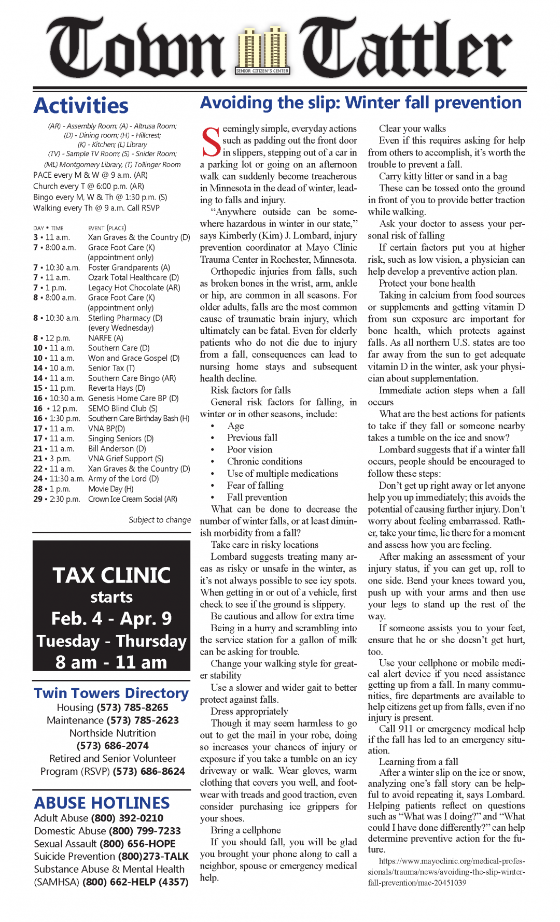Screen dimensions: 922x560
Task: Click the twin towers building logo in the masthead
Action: click(x=262, y=51)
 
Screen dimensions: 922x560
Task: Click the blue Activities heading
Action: click(x=81, y=106)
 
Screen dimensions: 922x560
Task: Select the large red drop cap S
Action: click(x=211, y=141)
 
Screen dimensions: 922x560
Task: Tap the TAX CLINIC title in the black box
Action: click(x=111, y=575)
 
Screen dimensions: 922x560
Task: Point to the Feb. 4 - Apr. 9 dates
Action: click(x=111, y=619)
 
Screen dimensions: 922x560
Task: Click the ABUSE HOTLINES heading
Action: click(x=102, y=803)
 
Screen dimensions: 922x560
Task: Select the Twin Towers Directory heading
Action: click(x=111, y=693)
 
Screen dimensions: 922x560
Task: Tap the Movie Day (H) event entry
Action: click(x=110, y=489)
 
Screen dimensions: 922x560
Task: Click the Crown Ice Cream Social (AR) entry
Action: click(x=132, y=499)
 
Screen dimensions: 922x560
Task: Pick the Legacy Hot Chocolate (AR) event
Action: click(x=134, y=288)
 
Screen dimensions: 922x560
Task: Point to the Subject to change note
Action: click(x=160, y=520)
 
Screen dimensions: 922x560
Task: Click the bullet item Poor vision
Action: click(x=249, y=450)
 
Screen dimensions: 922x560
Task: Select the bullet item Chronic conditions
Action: click(x=264, y=462)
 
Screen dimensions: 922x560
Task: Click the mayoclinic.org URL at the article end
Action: click(x=446, y=872)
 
